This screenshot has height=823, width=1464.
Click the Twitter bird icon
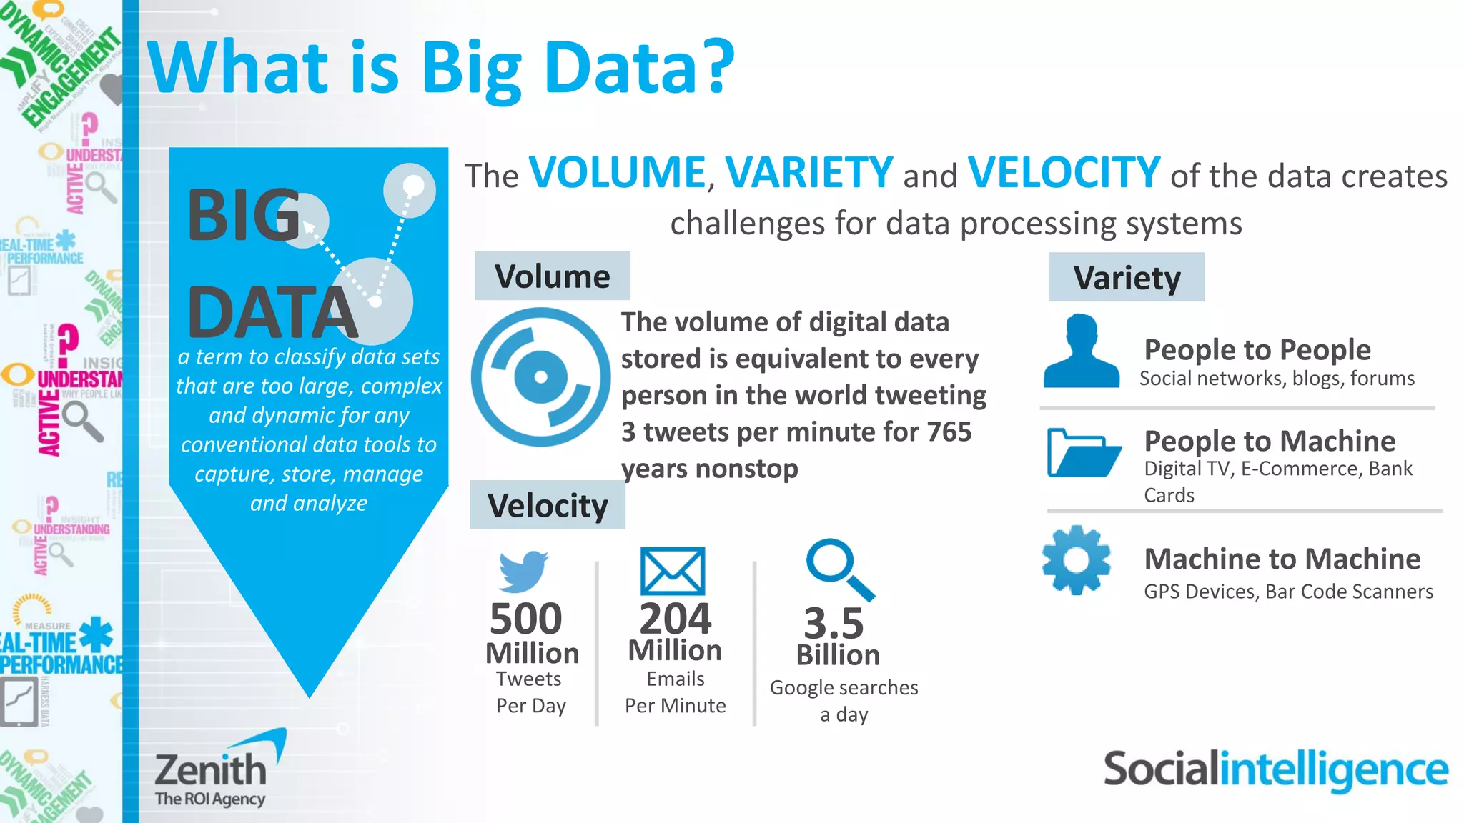523,571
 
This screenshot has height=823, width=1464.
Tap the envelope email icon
673,571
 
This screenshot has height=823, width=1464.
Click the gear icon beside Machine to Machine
1076,560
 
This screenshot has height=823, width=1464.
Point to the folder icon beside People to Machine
1083,453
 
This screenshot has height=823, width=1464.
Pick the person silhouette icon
1082,351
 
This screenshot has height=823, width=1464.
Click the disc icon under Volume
540,377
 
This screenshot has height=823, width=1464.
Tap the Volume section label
553,276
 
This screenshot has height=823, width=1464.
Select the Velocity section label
548,505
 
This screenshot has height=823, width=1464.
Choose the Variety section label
1127,277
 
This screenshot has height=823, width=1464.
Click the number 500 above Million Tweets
525,619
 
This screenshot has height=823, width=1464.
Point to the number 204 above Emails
675,619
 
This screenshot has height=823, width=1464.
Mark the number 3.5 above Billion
834,623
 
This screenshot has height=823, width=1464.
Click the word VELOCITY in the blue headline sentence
1063,173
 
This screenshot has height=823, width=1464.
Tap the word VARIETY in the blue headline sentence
808,173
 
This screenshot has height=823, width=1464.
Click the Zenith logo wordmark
211,770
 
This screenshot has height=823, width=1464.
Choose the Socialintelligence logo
1276,770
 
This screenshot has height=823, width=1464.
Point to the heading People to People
1257,350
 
